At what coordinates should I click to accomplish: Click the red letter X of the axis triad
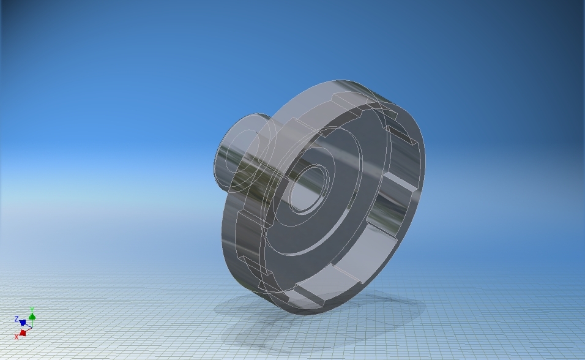[x=17, y=337]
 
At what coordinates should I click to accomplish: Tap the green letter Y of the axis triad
[x=32, y=309]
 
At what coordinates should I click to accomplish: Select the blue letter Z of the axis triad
[x=17, y=319]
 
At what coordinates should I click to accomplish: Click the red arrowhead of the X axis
[x=23, y=333]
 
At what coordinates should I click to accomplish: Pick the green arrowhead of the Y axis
[x=32, y=317]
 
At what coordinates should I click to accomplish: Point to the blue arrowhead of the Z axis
[x=23, y=322]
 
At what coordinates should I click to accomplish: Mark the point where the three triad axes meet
[x=32, y=328]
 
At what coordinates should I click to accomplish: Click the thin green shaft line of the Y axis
[x=32, y=323]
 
